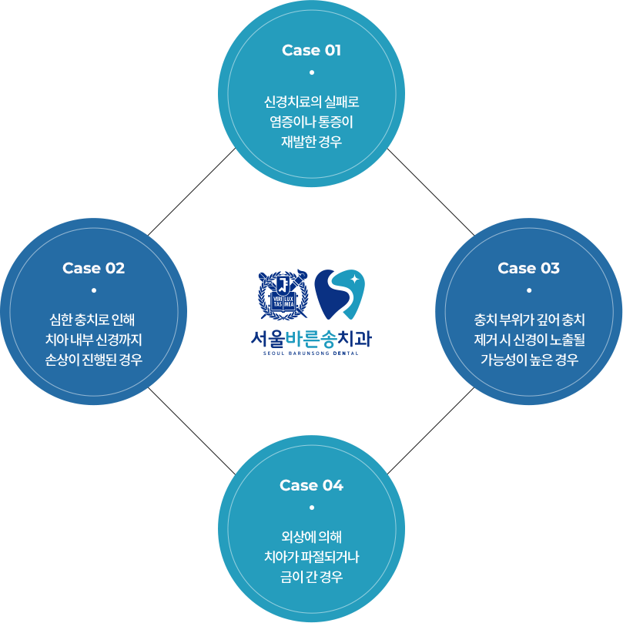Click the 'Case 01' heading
311,51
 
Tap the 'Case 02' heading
93,269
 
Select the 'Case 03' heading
528,269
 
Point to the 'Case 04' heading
311,486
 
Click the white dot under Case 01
311,72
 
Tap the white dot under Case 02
93,290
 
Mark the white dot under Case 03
529,290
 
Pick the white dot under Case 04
311,507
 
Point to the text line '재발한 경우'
311,142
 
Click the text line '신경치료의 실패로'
311,102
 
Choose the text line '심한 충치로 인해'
93,320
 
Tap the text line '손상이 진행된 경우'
93,360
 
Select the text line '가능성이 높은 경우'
529,360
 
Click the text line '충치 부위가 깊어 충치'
529,320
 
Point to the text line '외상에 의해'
311,537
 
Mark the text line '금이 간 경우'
311,577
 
